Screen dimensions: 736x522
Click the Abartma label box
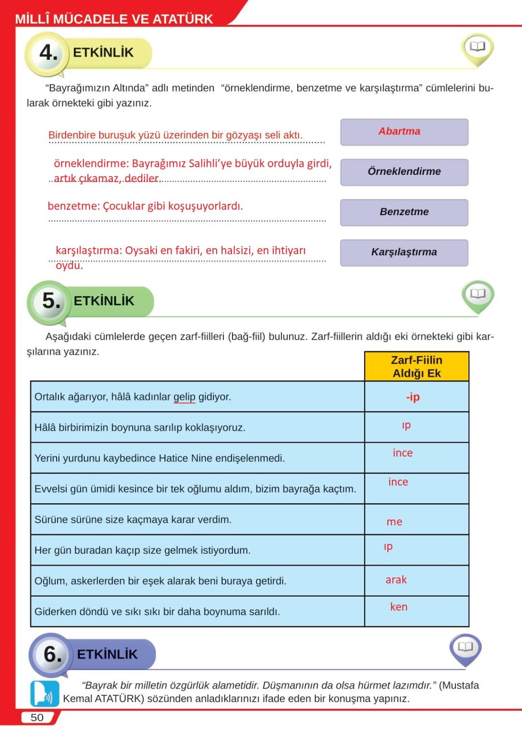[x=404, y=132]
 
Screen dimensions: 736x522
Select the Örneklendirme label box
[x=404, y=172]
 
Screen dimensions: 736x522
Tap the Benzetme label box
[x=404, y=212]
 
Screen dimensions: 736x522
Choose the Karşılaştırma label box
[x=404, y=253]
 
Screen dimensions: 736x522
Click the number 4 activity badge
[x=47, y=53]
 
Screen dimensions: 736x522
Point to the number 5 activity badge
[x=50, y=301]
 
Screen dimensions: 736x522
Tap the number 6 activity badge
[x=52, y=654]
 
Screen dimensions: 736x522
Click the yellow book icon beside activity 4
[x=477, y=47]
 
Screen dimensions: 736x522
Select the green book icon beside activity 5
[x=477, y=295]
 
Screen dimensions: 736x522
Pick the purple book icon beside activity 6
[x=465, y=648]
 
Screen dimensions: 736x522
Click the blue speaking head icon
[x=45, y=694]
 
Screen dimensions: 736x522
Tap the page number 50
[x=37, y=717]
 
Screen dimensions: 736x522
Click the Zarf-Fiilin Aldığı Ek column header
[x=417, y=367]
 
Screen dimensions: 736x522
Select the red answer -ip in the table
[x=413, y=397]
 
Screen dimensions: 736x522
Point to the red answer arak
[x=396, y=580]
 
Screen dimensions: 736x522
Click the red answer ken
[x=399, y=607]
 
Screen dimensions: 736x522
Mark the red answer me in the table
[x=394, y=522]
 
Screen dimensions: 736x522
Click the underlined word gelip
[x=184, y=397]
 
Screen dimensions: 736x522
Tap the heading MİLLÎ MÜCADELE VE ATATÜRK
[x=114, y=19]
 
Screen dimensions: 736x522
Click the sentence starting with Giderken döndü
[x=157, y=612]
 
